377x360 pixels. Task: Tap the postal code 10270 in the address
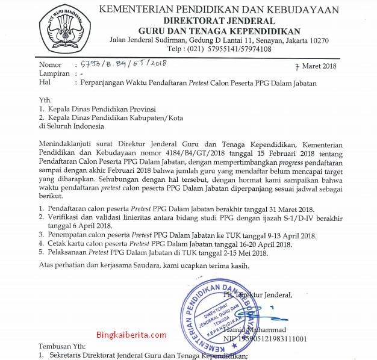coord(317,40)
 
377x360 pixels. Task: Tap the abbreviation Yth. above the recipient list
coord(45,100)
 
